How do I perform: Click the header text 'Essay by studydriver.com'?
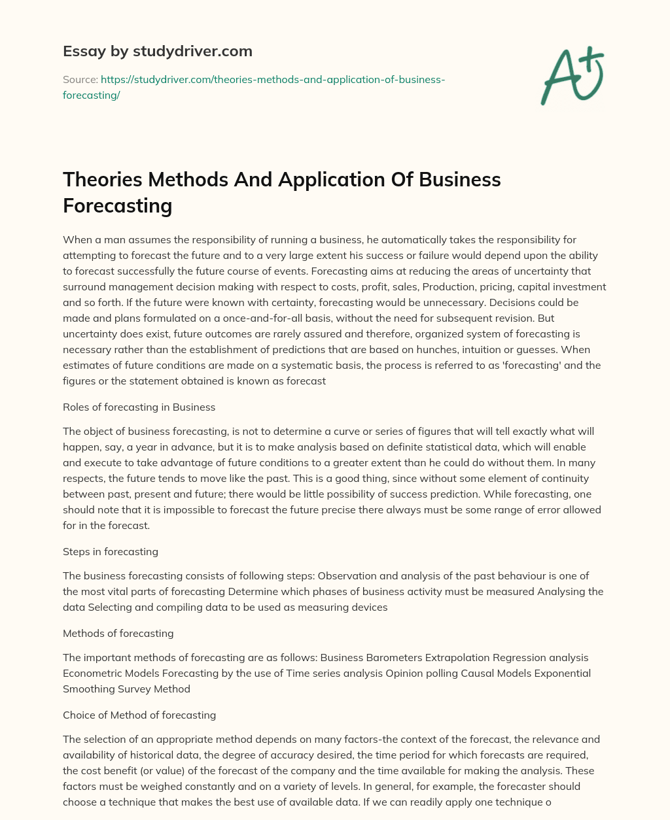pyautogui.click(x=157, y=51)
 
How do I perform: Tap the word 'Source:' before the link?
pyautogui.click(x=80, y=79)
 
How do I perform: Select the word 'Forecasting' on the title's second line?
pyautogui.click(x=117, y=205)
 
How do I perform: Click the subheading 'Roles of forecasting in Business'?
pyautogui.click(x=139, y=407)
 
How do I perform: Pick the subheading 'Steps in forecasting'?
pyautogui.click(x=110, y=551)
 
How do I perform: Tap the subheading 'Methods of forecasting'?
pyautogui.click(x=118, y=633)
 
